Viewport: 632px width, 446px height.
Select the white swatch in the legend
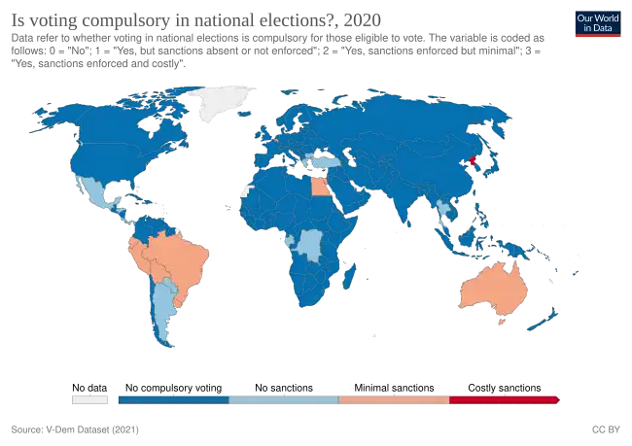pyautogui.click(x=89, y=398)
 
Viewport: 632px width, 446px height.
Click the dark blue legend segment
pyautogui.click(x=172, y=398)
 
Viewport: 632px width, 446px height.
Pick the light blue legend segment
pyautogui.click(x=283, y=398)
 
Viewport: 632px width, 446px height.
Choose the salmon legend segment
pyautogui.click(x=394, y=398)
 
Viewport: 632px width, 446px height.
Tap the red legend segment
pyautogui.click(x=504, y=398)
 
